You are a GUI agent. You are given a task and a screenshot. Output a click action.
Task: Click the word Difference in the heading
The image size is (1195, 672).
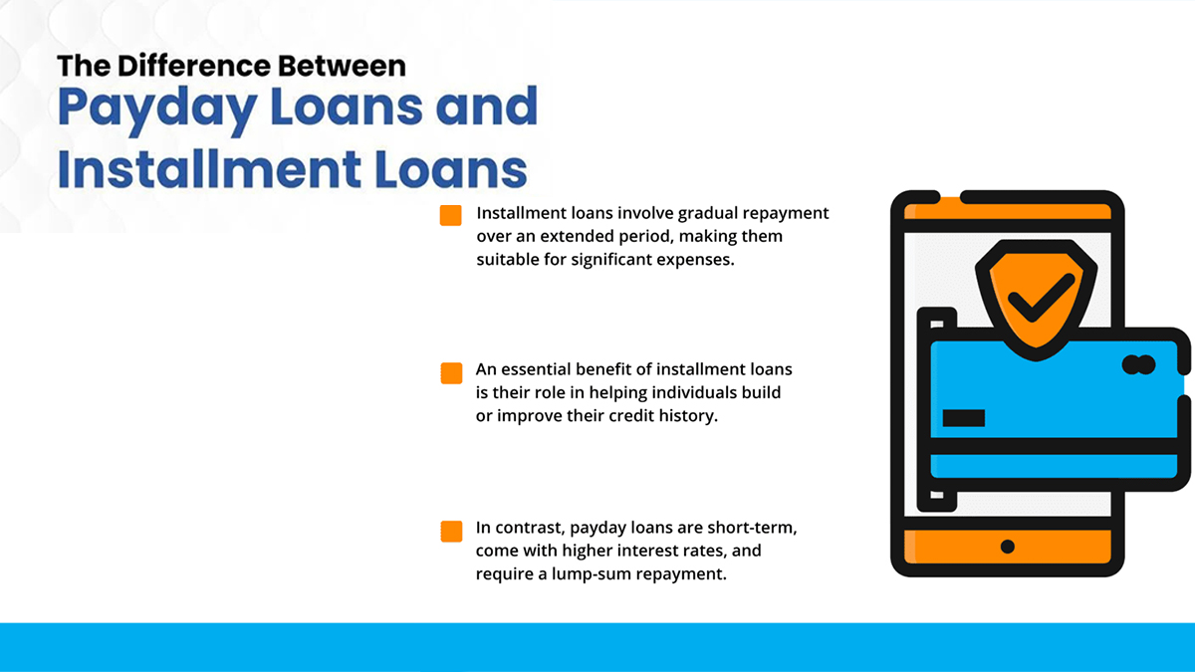click(194, 66)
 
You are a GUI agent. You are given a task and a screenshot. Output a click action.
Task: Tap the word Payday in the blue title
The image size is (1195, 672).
click(157, 109)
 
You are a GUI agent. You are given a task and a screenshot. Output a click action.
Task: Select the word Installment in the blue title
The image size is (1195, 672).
click(208, 168)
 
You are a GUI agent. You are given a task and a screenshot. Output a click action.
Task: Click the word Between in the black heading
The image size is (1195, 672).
click(342, 66)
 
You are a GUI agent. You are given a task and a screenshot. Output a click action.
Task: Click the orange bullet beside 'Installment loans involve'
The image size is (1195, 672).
click(451, 215)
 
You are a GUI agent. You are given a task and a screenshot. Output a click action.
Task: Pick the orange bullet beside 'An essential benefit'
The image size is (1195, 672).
click(451, 372)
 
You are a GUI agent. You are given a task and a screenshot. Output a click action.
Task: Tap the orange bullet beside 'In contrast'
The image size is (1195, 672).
click(451, 532)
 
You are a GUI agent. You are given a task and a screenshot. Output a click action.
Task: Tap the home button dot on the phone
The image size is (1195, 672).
click(1008, 547)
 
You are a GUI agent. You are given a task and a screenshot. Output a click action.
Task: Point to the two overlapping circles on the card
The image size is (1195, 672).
click(1139, 364)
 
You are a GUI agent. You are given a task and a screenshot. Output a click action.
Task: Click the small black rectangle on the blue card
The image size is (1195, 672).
click(964, 418)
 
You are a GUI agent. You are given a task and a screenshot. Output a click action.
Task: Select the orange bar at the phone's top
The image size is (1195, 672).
click(1008, 210)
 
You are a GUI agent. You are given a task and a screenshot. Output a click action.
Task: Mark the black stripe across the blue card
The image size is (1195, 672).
click(1055, 446)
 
